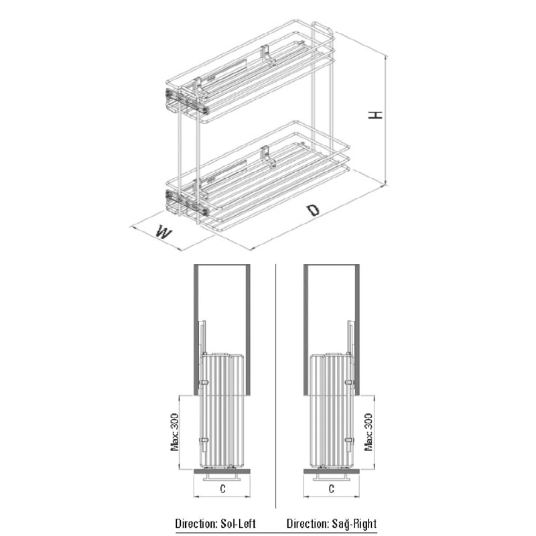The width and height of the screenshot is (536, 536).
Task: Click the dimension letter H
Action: [x=375, y=115]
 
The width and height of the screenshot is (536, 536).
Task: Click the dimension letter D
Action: [x=312, y=210]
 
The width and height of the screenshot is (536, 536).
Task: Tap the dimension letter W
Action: [x=163, y=232]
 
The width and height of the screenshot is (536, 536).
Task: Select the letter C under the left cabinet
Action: [x=222, y=489]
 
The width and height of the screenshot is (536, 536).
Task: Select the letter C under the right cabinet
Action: [x=331, y=489]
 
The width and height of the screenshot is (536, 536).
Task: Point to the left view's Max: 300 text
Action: [x=175, y=432]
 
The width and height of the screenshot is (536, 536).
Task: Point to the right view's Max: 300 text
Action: [x=368, y=432]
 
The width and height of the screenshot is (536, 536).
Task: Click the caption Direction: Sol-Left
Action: [x=215, y=524]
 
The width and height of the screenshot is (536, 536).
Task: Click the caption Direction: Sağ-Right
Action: [x=332, y=524]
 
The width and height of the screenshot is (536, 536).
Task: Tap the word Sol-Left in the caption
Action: [x=239, y=524]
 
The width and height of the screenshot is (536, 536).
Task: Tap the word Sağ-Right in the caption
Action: [x=354, y=524]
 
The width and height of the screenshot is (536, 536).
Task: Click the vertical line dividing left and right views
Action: [x=275, y=386]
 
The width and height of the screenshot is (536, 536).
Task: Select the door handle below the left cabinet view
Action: [x=222, y=477]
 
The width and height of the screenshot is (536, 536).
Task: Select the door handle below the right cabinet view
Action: [x=331, y=477]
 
